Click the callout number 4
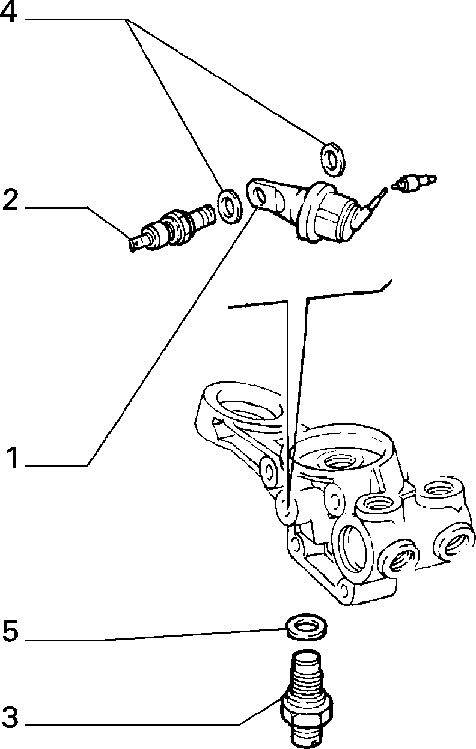(8, 13)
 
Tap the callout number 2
(10, 200)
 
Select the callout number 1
(13, 458)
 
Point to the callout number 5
(10, 631)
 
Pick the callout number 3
(10, 717)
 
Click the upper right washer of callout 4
(333, 159)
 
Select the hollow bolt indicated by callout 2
(172, 228)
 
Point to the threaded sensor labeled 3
(306, 699)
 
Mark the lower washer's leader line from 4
(173, 104)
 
